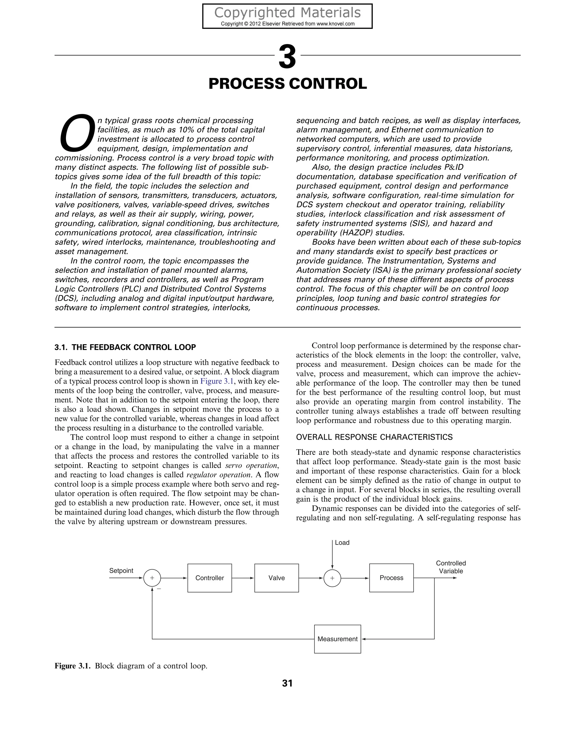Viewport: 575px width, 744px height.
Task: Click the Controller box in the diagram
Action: (x=209, y=578)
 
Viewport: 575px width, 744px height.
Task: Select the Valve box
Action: (x=276, y=578)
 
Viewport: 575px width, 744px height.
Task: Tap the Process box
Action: (x=391, y=578)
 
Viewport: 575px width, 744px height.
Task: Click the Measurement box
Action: (x=337, y=639)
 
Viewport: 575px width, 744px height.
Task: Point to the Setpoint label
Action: (x=121, y=570)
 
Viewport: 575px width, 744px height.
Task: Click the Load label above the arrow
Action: (x=342, y=543)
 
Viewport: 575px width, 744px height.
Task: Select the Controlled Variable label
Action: (x=451, y=567)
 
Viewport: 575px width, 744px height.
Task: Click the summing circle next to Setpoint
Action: (x=152, y=578)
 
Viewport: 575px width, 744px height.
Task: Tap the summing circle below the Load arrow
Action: (x=332, y=578)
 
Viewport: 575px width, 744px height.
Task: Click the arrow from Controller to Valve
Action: (x=243, y=578)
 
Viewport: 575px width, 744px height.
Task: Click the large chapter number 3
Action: (x=287, y=57)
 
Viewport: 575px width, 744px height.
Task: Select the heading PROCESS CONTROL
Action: (x=287, y=84)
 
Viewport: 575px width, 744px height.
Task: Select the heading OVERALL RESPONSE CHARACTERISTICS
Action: (x=374, y=437)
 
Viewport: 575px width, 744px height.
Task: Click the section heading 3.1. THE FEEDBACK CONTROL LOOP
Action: (x=125, y=348)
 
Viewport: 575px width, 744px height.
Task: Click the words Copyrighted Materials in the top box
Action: (x=287, y=13)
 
